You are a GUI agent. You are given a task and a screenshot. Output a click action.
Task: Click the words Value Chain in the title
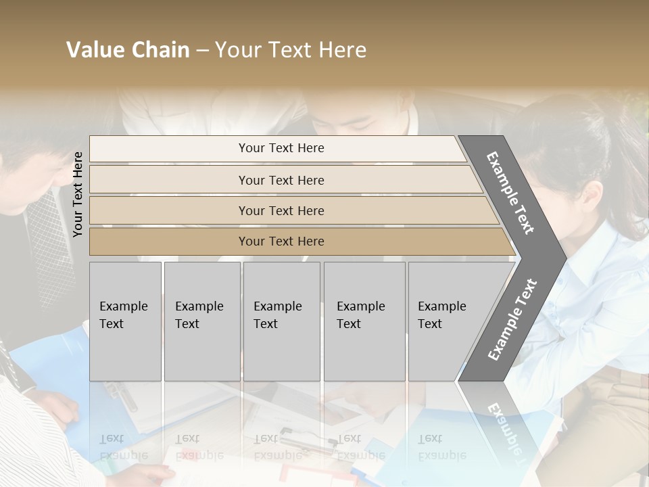128,50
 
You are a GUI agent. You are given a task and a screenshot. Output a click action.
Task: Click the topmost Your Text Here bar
281,148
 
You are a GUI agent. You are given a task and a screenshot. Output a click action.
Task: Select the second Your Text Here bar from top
281,180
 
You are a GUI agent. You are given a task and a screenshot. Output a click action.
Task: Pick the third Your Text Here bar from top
281,210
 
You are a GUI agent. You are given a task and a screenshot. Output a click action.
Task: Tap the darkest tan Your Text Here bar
281,241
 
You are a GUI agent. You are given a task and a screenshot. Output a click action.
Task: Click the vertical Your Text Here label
78,194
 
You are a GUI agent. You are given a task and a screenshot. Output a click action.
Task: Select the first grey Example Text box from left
125,321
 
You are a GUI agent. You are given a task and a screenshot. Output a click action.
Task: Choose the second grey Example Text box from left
201,321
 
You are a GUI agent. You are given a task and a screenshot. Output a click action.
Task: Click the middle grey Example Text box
281,321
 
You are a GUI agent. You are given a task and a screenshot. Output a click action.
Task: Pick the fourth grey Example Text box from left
364,321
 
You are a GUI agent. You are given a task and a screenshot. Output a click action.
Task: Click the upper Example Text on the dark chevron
510,193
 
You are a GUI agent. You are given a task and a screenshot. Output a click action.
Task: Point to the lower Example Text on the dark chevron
512,320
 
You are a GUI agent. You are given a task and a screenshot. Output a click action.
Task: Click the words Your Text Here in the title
291,50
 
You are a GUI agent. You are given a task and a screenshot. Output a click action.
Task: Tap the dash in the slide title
202,51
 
